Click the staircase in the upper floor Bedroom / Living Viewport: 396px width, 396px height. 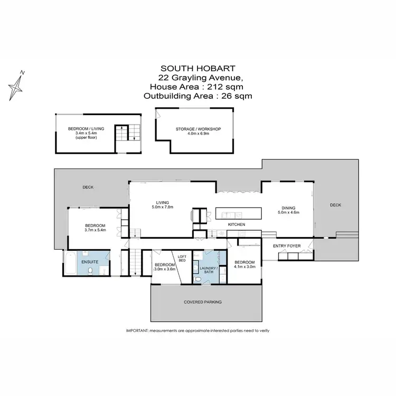click(127, 133)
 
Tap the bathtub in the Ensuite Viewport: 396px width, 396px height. click(70, 262)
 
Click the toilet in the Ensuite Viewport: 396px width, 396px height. click(92, 270)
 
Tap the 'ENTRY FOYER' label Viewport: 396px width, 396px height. click(286, 247)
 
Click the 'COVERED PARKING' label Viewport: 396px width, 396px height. click(202, 302)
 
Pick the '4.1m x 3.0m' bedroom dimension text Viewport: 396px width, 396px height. click(245, 267)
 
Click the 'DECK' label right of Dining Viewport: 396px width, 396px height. click(336, 205)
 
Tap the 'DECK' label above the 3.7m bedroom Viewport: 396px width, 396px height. click(88, 187)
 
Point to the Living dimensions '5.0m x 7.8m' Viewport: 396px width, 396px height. click(162, 207)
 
